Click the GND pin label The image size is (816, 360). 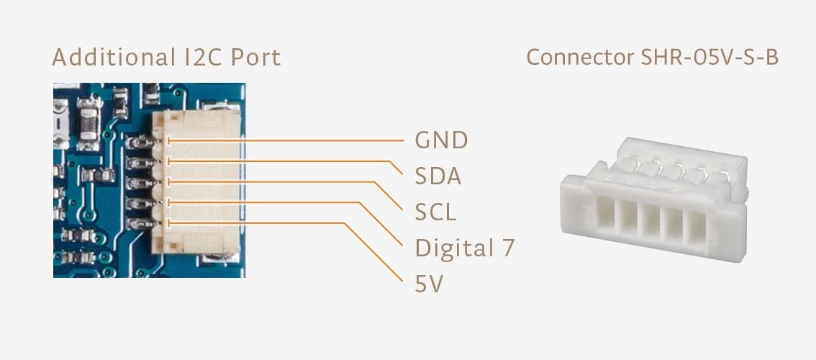pyautogui.click(x=441, y=140)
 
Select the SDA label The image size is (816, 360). pyautogui.click(x=438, y=176)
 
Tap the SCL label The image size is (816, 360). pyautogui.click(x=435, y=212)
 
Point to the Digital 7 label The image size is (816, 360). pyautogui.click(x=465, y=248)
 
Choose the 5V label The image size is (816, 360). pyautogui.click(x=428, y=285)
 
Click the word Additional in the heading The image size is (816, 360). pyautogui.click(x=109, y=58)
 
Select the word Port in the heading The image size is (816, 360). pyautogui.click(x=255, y=58)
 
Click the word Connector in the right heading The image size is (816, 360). pyautogui.click(x=579, y=58)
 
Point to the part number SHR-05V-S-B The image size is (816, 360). pyautogui.click(x=709, y=58)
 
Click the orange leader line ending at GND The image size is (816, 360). pyautogui.click(x=288, y=141)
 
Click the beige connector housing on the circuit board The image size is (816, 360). pyautogui.click(x=205, y=184)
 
